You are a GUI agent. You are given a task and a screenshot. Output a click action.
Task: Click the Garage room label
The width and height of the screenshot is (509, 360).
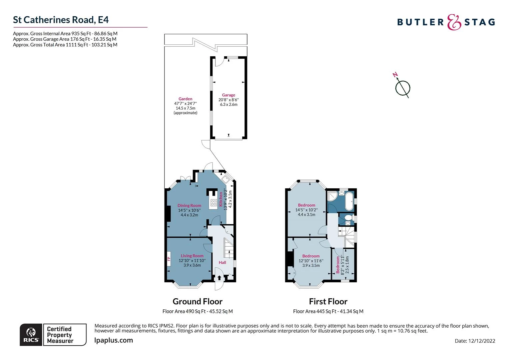pyautogui.click(x=229, y=95)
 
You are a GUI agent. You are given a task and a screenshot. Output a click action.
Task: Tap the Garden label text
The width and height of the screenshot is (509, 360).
pyautogui.click(x=185, y=99)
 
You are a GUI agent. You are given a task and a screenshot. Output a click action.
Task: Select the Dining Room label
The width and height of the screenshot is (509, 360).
pyautogui.click(x=189, y=205)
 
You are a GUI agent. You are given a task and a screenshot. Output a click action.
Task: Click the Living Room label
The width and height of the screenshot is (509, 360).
pyautogui.click(x=192, y=256)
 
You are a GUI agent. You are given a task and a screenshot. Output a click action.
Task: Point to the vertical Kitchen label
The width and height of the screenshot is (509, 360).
pyautogui.click(x=221, y=199)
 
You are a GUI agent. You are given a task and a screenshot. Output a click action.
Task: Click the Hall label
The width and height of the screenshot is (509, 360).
pyautogui.click(x=222, y=262)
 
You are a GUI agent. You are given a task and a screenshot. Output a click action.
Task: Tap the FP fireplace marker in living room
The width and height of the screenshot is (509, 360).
pyautogui.click(x=169, y=259)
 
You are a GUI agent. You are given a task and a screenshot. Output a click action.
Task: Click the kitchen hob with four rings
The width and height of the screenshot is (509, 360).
pyautogui.click(x=214, y=203)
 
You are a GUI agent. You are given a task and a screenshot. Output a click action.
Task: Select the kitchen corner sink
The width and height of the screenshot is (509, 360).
pyautogui.click(x=225, y=179)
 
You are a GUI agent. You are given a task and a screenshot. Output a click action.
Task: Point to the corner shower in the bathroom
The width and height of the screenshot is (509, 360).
pyautogui.click(x=332, y=196)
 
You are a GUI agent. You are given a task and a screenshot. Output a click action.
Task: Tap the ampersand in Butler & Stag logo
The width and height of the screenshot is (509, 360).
pyautogui.click(x=454, y=22)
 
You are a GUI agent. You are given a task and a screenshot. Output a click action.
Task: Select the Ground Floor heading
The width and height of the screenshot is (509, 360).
pyautogui.click(x=198, y=301)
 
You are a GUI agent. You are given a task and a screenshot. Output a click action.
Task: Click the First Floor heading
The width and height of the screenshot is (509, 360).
pyautogui.click(x=328, y=301)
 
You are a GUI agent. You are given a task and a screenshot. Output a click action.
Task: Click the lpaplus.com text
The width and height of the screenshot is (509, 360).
pyautogui.click(x=114, y=340)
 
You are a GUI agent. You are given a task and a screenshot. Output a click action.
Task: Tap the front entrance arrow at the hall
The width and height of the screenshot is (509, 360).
pyautogui.click(x=219, y=278)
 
